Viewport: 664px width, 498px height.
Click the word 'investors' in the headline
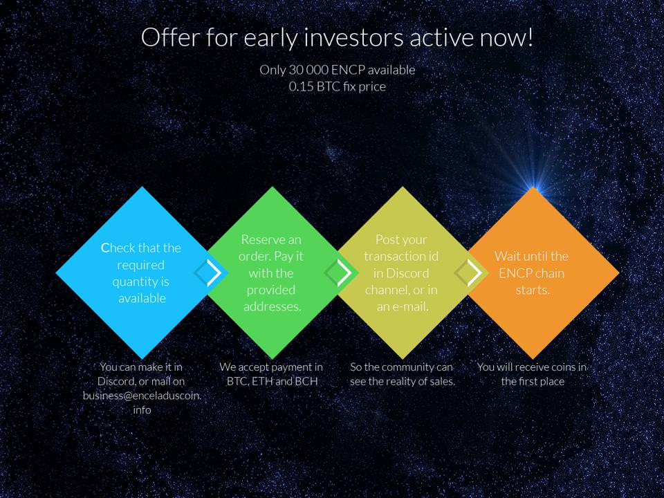click(353, 37)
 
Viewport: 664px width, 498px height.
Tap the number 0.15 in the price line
click(301, 86)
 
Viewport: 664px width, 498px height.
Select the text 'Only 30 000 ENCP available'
click(337, 70)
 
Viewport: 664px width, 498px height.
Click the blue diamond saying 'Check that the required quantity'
click(142, 273)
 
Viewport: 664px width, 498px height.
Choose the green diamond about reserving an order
click(272, 273)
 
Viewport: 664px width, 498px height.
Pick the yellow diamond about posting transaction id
click(402, 273)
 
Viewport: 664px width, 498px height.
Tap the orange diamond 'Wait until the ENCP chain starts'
click(533, 273)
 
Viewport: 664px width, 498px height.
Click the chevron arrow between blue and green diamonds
click(214, 273)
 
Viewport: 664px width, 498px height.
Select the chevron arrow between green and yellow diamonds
click(344, 273)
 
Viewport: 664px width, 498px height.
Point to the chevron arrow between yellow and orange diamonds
click(474, 273)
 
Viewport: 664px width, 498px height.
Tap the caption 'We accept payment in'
click(271, 367)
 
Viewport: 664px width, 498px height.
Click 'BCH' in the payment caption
click(306, 381)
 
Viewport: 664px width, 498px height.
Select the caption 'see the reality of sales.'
click(403, 381)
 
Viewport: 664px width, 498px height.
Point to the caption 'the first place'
click(533, 381)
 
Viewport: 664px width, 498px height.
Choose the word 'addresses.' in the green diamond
click(272, 306)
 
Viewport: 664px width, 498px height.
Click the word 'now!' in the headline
click(506, 37)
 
